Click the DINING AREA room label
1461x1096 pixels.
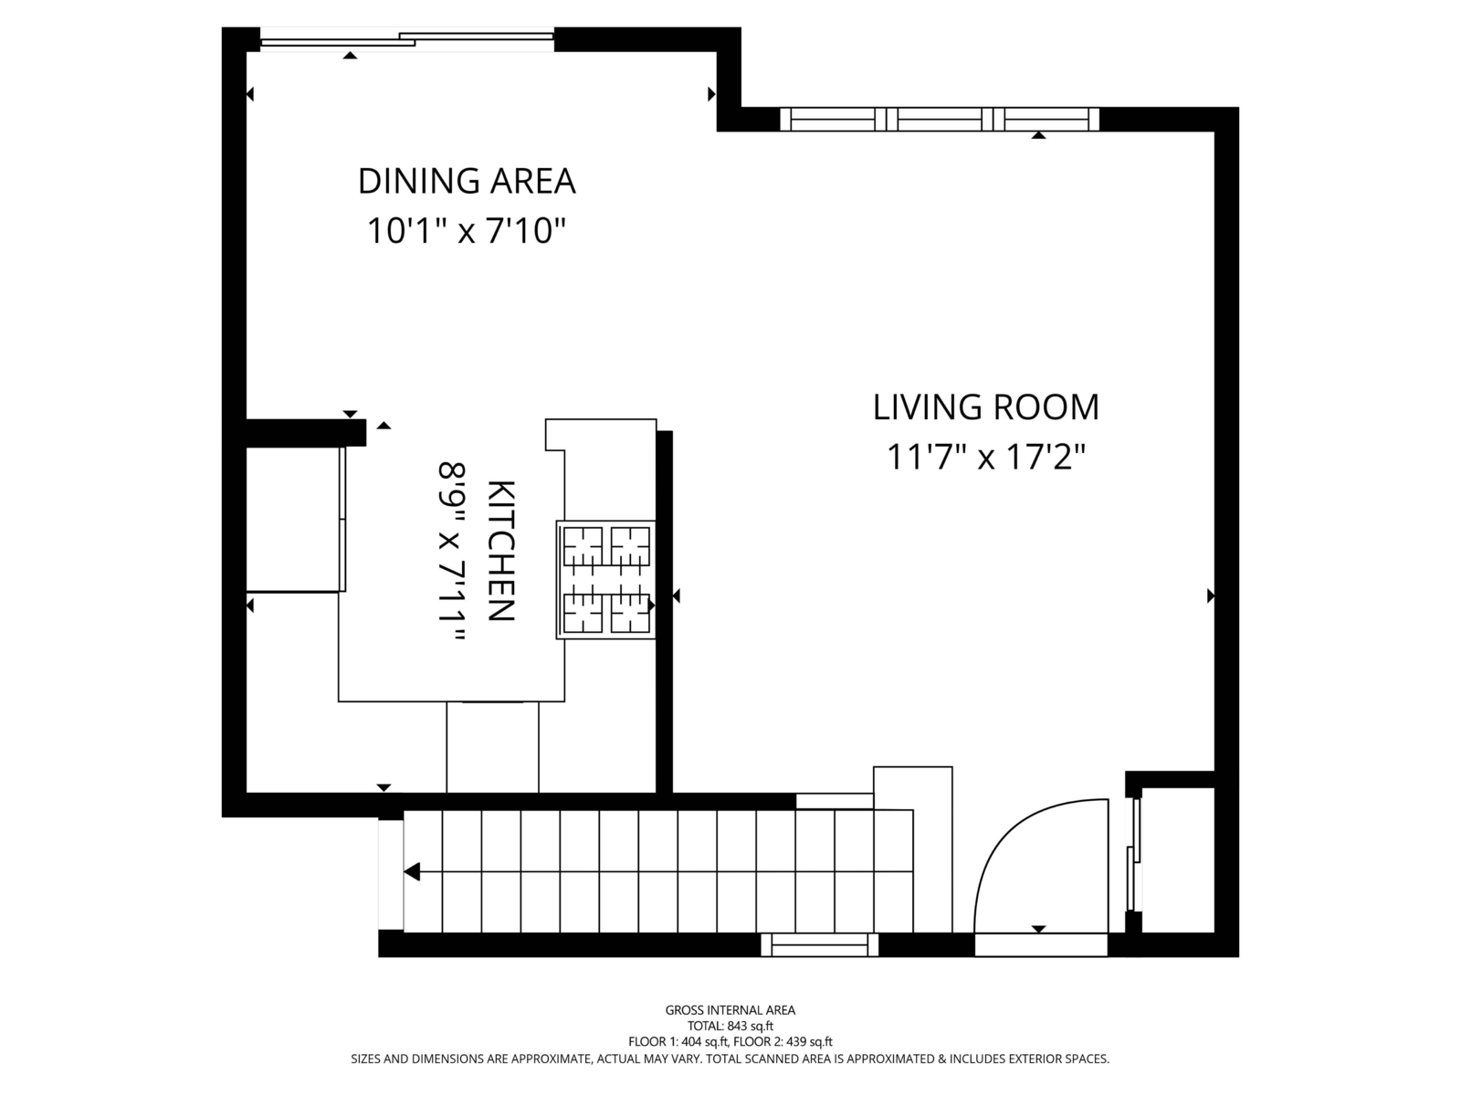coord(467,181)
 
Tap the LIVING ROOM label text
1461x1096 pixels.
coord(986,407)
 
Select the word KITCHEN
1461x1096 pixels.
coord(501,551)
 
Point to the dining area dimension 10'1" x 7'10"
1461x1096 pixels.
coord(467,231)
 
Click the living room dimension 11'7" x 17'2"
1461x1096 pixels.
coord(986,458)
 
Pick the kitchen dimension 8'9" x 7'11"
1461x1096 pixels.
coord(450,552)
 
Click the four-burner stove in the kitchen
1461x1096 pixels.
coord(606,580)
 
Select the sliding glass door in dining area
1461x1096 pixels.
coord(406,40)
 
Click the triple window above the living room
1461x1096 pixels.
coord(940,119)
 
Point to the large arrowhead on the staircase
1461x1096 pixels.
coord(412,871)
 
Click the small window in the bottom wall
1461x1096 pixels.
coord(819,945)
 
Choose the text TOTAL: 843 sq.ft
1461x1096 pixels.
coord(730,1026)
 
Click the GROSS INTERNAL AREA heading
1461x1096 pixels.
coord(730,1010)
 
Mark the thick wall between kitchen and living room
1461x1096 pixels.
coord(664,612)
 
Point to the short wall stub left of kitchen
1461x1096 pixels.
coord(306,433)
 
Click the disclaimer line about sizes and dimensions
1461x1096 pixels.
coord(730,1059)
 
